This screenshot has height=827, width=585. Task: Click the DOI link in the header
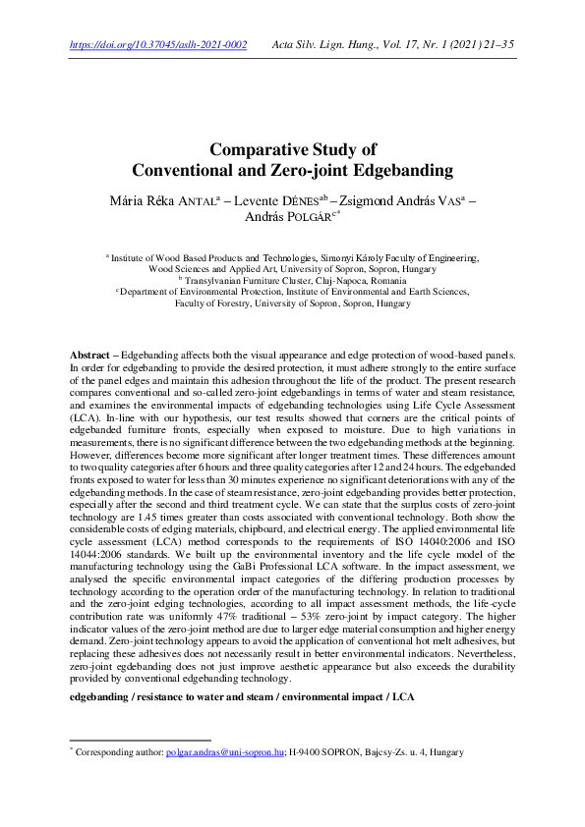coord(158,45)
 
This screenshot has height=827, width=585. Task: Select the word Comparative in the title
coord(259,150)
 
